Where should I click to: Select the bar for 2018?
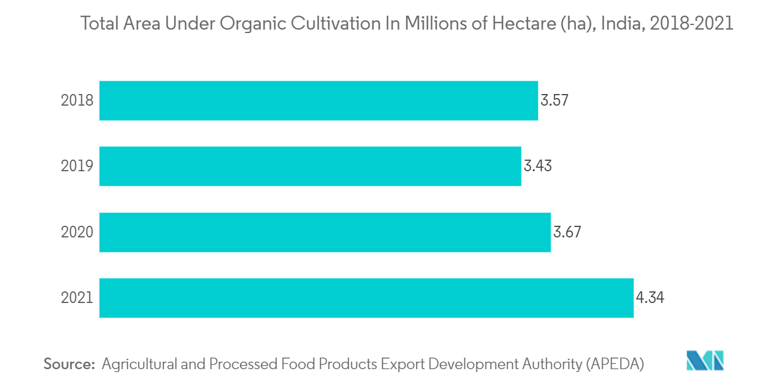pyautogui.click(x=318, y=100)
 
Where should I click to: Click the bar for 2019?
pyautogui.click(x=310, y=166)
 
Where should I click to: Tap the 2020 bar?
pyautogui.click(x=325, y=232)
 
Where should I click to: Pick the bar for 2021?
pyautogui.click(x=366, y=298)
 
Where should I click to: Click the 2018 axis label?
pyautogui.click(x=77, y=100)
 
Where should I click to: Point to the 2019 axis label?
pyautogui.click(x=77, y=167)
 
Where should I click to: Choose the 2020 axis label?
pyautogui.click(x=77, y=232)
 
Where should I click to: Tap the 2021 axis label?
pyautogui.click(x=77, y=298)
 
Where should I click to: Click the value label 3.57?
pyautogui.click(x=555, y=100)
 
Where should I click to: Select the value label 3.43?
pyautogui.click(x=538, y=167)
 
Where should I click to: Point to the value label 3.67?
pyautogui.click(x=567, y=232)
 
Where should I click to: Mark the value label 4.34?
pyautogui.click(x=650, y=298)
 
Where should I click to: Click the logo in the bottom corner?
pyautogui.click(x=705, y=360)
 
